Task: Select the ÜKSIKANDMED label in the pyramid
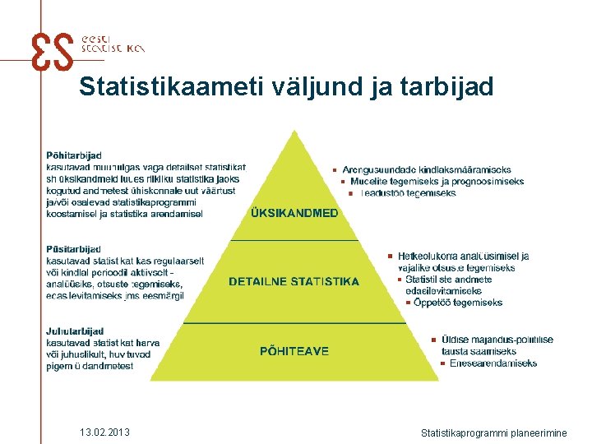point(294,213)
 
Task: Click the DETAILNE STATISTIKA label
point(294,281)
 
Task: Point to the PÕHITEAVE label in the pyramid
point(294,351)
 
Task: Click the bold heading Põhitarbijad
point(74,154)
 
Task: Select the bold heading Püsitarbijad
point(73,249)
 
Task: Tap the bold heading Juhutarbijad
point(75,331)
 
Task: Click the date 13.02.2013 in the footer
point(105,432)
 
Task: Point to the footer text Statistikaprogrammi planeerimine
point(493,432)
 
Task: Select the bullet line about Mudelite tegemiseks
point(437,182)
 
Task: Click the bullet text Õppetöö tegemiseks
point(458,303)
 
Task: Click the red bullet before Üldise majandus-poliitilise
point(433,340)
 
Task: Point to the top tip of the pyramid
point(294,132)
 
